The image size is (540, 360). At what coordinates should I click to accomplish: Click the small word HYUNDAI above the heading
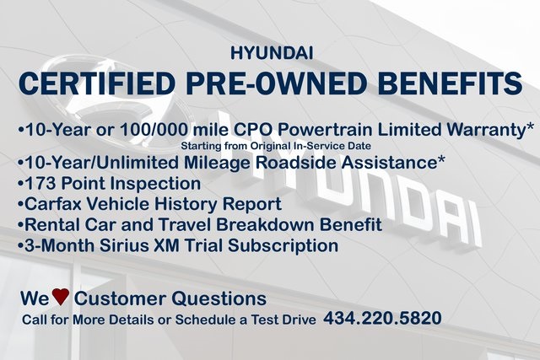[272, 53]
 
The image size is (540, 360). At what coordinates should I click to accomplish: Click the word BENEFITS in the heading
[447, 83]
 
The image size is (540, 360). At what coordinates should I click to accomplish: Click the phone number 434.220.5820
[382, 318]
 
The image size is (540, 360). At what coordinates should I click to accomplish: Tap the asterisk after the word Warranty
[530, 126]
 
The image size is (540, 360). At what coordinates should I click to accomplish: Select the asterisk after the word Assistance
[440, 159]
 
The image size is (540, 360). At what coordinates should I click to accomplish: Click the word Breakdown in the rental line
[265, 225]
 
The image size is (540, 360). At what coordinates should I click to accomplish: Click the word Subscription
[283, 245]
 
